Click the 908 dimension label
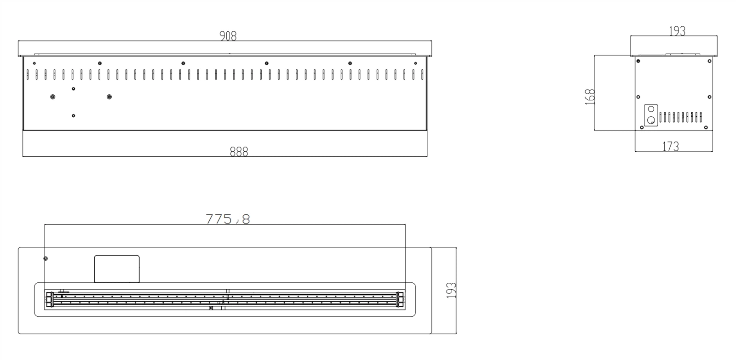coord(228,36)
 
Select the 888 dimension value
coord(239,152)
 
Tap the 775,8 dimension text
coord(228,219)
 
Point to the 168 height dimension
coord(590,97)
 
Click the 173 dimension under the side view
coord(671,147)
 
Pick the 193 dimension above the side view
coord(677,31)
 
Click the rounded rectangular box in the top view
coord(117,269)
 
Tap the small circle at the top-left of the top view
coord(45,259)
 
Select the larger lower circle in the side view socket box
coord(651,120)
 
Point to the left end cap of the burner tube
coord(48,299)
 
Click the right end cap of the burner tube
coord(400,299)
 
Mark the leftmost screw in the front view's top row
coord(34,63)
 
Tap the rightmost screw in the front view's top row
coord(415,63)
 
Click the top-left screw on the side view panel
coord(638,61)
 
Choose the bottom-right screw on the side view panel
coord(707,127)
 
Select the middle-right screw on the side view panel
coord(710,97)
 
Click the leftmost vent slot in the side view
coord(660,118)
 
